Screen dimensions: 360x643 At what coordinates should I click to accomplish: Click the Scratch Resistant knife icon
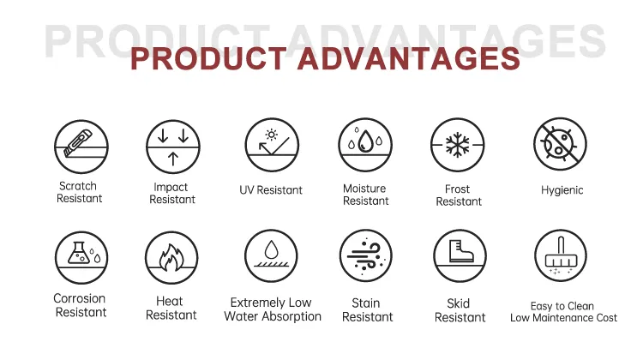(81, 147)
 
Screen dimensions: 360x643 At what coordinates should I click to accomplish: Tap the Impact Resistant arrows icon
(172, 147)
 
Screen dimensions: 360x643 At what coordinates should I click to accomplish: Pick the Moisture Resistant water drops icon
(364, 146)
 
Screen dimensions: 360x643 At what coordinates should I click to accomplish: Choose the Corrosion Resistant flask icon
(81, 257)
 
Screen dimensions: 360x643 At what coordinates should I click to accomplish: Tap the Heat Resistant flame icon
(171, 257)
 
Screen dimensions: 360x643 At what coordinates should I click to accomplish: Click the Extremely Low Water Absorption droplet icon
(272, 256)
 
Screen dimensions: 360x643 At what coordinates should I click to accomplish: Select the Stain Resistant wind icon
(366, 256)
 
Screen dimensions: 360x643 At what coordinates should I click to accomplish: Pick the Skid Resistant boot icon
(460, 256)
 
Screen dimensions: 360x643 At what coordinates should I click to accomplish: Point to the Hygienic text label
(562, 189)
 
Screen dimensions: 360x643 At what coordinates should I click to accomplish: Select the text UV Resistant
(271, 189)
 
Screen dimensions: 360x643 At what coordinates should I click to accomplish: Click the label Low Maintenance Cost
(563, 318)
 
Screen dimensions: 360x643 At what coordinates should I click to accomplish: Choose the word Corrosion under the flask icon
(80, 299)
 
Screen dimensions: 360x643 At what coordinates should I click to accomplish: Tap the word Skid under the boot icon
(460, 303)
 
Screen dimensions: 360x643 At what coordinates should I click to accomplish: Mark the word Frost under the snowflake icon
(459, 189)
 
